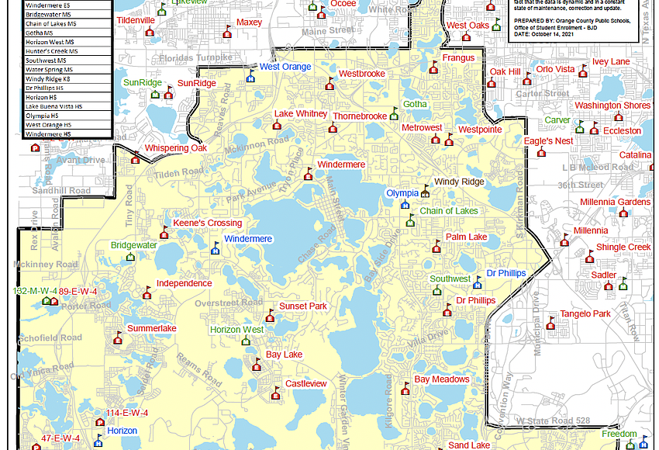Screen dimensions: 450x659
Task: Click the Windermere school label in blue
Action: click(247, 239)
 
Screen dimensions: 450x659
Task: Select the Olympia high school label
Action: click(402, 193)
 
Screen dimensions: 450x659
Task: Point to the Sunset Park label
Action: click(302, 306)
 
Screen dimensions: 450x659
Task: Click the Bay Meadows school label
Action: click(441, 379)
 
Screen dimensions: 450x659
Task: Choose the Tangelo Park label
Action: click(585, 314)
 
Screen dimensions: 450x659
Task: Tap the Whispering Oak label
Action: click(176, 148)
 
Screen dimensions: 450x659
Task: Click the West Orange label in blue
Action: click(285, 67)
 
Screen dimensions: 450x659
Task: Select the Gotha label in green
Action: click(415, 104)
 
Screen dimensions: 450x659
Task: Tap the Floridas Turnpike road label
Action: click(195, 58)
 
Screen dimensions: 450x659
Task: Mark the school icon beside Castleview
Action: click(275, 396)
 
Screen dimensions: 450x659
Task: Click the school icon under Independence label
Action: click(147, 293)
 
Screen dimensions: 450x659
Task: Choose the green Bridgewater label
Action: click(133, 245)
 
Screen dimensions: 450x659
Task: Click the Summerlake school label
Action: click(151, 329)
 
